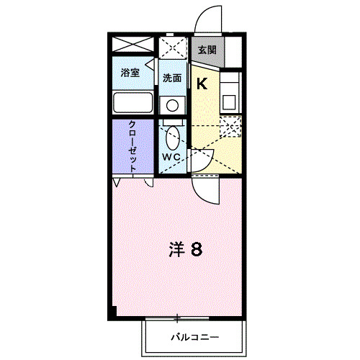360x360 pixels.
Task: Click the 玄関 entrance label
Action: click(x=207, y=50)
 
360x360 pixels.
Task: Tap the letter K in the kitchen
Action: click(x=202, y=84)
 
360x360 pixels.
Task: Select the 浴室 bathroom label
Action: click(x=130, y=73)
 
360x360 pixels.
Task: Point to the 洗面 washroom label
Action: click(x=171, y=78)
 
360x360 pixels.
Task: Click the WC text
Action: click(x=171, y=157)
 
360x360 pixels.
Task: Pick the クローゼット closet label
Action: click(x=133, y=146)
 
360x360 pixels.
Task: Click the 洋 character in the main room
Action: click(x=177, y=250)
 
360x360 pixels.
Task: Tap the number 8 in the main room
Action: click(x=196, y=250)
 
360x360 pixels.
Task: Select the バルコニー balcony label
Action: click(x=194, y=336)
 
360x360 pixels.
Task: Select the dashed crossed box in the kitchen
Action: click(x=231, y=127)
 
